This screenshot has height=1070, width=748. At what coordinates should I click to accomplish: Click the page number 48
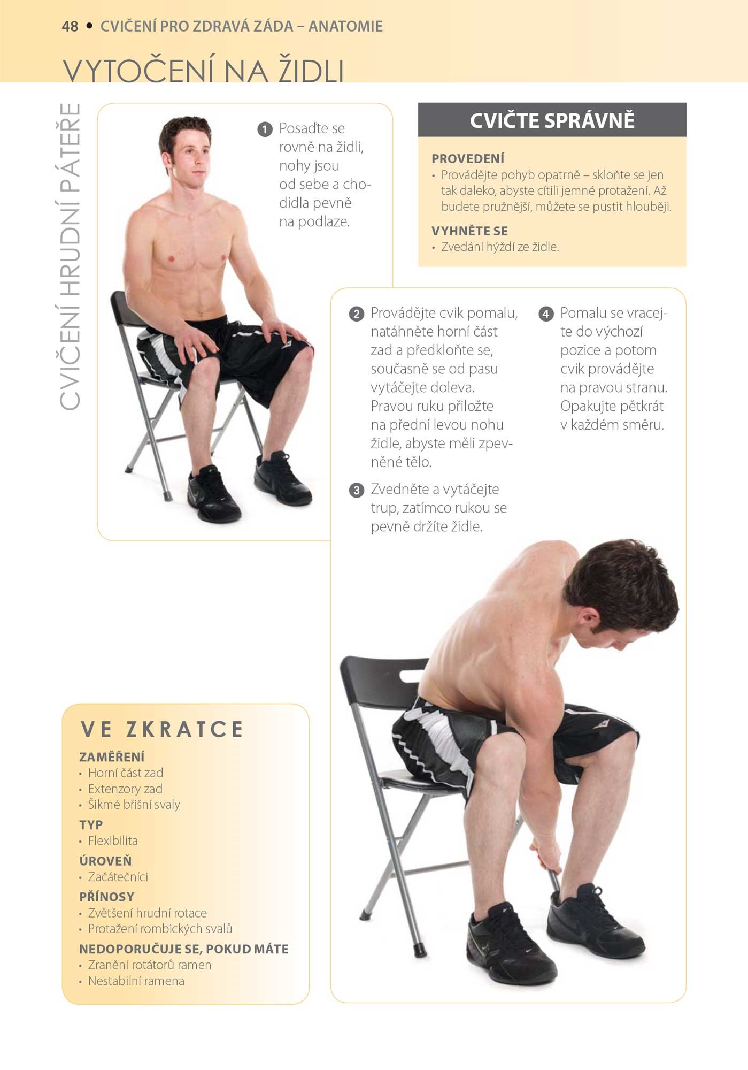coord(70,26)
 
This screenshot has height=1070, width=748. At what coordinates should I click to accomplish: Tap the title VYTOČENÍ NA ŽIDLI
coord(204,71)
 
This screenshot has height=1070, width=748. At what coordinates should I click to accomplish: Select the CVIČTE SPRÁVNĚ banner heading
coord(552,120)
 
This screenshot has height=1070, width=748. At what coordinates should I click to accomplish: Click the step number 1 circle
coord(265,129)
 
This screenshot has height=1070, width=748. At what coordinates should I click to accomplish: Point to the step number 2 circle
coord(356,314)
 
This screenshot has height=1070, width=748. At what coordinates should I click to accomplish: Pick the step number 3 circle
coord(356,490)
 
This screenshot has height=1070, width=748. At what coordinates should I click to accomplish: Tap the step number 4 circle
coord(545,314)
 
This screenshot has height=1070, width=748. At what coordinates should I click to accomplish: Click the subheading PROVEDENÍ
coord(468,159)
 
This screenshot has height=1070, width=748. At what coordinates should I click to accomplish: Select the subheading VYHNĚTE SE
coord(469,231)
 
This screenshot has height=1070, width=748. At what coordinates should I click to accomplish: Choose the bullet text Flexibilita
coord(113,841)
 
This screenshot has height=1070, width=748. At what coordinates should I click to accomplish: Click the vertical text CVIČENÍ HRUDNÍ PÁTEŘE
coord(70,257)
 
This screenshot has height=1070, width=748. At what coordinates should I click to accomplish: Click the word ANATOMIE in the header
coord(345,26)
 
